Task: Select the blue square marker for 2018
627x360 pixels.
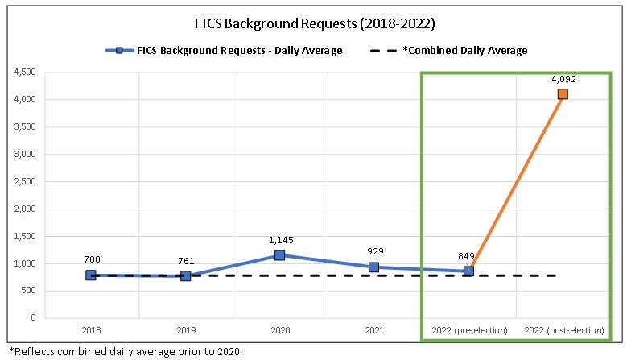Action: [91, 275]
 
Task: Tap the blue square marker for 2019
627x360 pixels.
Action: [185, 276]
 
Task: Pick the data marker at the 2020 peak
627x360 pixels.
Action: [279, 255]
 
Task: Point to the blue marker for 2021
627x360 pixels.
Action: [373, 267]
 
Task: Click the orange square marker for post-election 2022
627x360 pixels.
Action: [563, 94]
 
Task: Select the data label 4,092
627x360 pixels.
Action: [563, 79]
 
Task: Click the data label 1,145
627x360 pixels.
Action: [279, 239]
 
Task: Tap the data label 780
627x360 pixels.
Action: [91, 259]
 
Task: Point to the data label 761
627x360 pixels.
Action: [185, 261]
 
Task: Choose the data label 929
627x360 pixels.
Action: [373, 251]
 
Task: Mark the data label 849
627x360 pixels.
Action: [468, 256]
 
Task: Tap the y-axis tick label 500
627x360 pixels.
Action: [28, 291]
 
